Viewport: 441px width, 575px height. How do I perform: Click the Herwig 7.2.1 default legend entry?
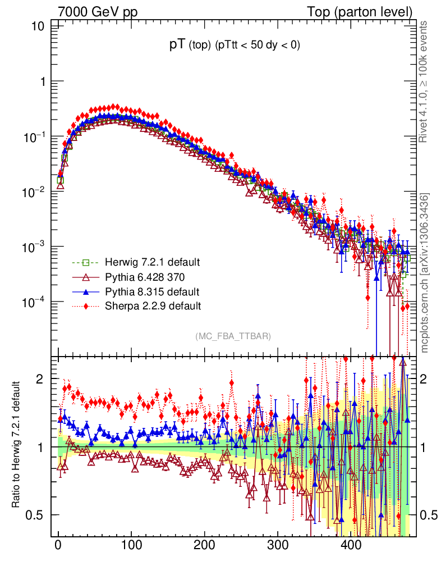(151, 262)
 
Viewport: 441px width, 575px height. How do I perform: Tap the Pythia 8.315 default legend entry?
(151, 291)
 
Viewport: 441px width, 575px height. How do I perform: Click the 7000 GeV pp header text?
(98, 12)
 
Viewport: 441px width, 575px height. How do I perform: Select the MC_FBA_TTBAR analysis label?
(233, 336)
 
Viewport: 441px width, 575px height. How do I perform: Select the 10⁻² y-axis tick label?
(35, 191)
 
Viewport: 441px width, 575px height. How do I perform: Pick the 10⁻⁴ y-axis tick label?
(35, 302)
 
